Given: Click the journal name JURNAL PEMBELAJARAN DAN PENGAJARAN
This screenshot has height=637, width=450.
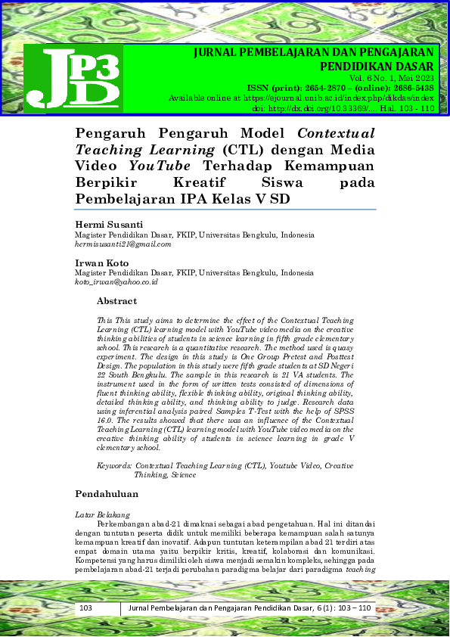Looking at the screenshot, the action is point(314,52).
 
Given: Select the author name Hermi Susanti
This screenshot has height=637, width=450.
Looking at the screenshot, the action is point(109,225).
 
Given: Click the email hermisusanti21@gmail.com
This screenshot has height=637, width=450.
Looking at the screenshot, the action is point(123,244).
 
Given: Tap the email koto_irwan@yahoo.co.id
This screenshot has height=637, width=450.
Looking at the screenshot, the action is point(116,281).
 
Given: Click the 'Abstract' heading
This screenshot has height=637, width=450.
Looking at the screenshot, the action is point(116,301).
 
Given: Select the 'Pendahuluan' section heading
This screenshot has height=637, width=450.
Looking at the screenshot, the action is point(107,494).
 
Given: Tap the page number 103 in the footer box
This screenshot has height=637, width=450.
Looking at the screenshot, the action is point(85,609).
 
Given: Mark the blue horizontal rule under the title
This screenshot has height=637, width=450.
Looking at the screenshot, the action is point(226,210).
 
